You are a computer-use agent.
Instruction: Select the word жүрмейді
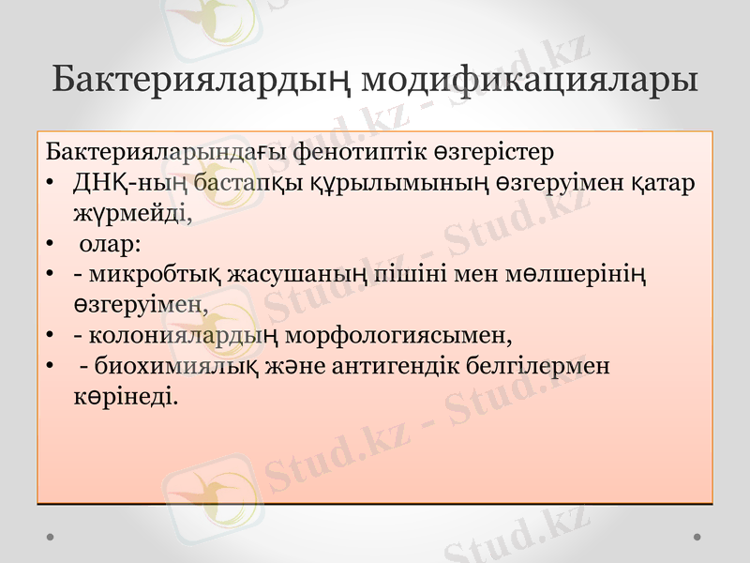[132, 213]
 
